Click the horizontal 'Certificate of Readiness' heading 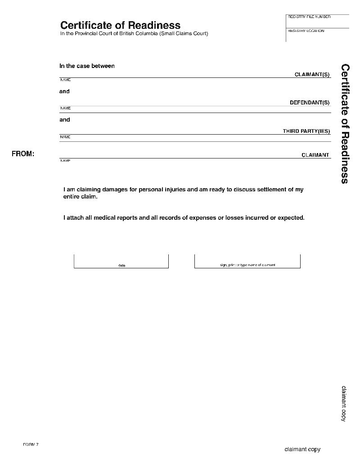click(x=120, y=25)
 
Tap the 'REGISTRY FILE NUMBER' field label click(x=309, y=17)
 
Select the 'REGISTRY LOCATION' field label click(x=306, y=31)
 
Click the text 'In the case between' click(x=87, y=66)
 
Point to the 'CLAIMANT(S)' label click(x=312, y=74)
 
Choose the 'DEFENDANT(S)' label click(x=310, y=103)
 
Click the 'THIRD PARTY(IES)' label click(x=306, y=131)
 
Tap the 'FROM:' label click(x=23, y=154)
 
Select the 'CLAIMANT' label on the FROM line click(x=315, y=155)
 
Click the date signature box click(x=121, y=261)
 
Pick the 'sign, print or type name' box click(x=247, y=261)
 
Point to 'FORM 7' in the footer click(x=31, y=444)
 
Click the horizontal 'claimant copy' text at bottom click(x=302, y=449)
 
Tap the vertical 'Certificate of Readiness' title click(x=345, y=123)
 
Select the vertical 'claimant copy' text click(x=343, y=403)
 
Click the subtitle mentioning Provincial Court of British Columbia click(x=134, y=34)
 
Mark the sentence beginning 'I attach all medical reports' click(x=184, y=217)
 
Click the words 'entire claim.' click(x=80, y=197)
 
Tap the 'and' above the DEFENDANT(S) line click(x=64, y=91)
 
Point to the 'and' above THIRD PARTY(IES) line click(x=65, y=120)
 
